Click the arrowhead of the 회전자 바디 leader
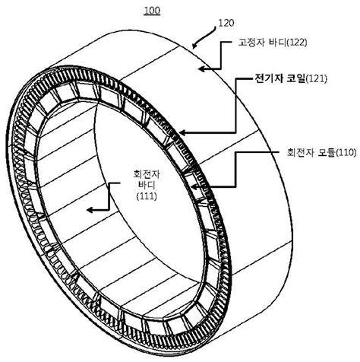(88, 205)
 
